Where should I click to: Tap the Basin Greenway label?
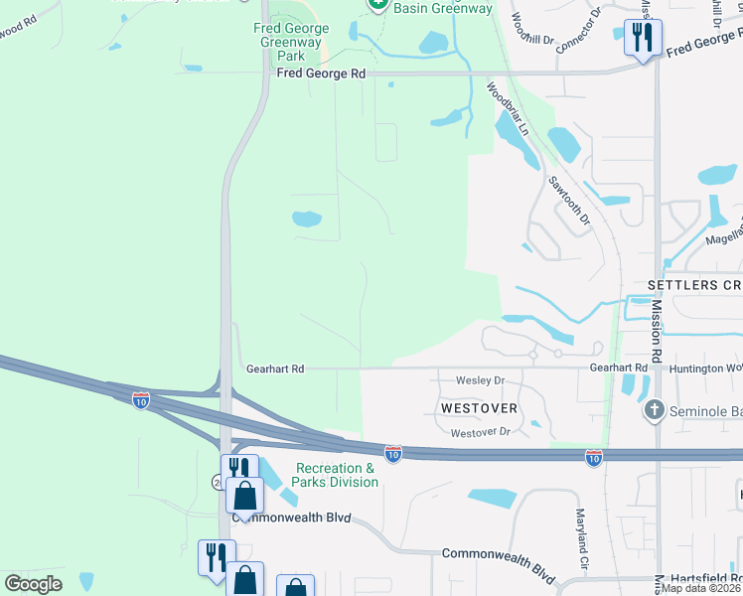[x=443, y=9]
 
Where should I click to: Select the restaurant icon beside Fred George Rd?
[x=643, y=39]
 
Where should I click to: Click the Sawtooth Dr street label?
[x=569, y=200]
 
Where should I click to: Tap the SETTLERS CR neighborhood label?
[x=694, y=285]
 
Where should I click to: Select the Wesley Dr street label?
[x=480, y=380]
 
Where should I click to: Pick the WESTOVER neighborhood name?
[x=480, y=408]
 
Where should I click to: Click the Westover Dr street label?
[x=479, y=432]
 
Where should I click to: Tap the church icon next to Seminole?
[x=654, y=409]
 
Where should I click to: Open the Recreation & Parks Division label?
[x=337, y=475]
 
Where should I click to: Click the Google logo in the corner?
[x=34, y=584]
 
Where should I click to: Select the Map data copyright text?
[x=701, y=588]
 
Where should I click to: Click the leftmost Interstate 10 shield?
[x=141, y=400]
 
